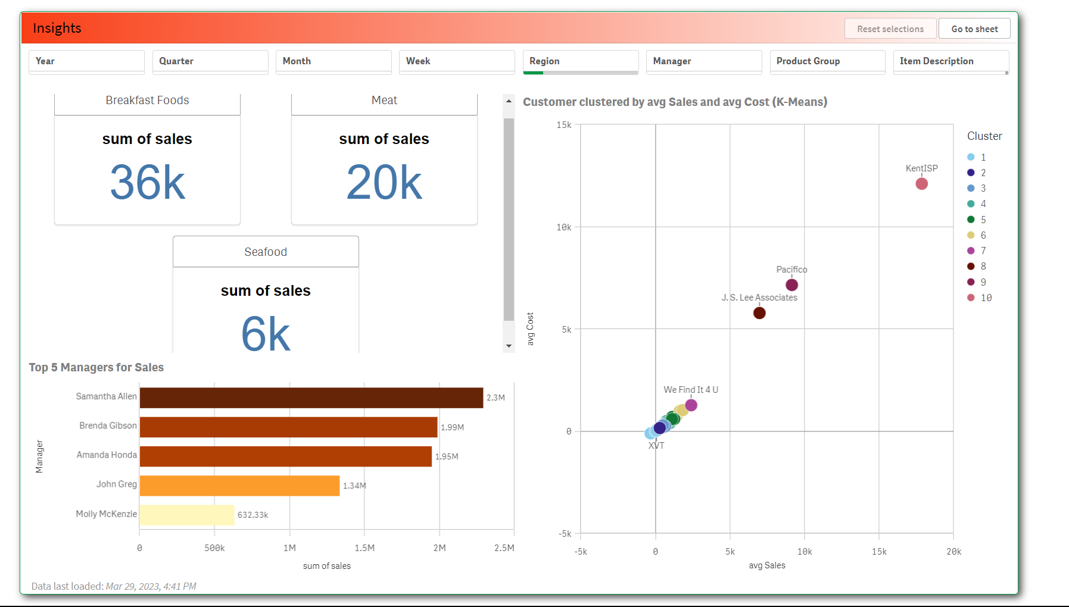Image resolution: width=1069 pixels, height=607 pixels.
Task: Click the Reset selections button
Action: [890, 29]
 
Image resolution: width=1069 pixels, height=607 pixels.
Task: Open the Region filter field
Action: [580, 61]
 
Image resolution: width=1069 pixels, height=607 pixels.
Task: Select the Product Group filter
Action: [827, 61]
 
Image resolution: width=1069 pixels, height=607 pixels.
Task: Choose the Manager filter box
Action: [703, 61]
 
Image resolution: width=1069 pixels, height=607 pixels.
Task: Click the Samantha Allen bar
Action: [311, 398]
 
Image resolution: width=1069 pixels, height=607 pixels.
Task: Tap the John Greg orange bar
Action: [239, 486]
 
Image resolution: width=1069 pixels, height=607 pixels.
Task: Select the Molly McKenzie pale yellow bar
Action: [187, 515]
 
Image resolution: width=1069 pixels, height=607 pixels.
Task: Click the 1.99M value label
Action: [452, 427]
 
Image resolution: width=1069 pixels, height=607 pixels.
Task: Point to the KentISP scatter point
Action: [921, 184]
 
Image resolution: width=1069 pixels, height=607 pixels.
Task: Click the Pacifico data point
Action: [791, 285]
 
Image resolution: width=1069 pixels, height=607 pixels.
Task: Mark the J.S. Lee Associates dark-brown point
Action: [759, 313]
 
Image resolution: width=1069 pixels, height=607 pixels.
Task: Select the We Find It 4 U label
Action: [691, 390]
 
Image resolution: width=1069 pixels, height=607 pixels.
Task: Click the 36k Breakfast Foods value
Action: [147, 183]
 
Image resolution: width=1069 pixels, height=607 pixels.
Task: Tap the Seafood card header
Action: [266, 252]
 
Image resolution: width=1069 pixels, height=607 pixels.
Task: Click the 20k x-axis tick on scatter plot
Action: [953, 552]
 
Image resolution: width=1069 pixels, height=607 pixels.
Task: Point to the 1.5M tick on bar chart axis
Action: [364, 548]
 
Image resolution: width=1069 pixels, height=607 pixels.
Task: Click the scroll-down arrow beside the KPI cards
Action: [509, 346]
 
